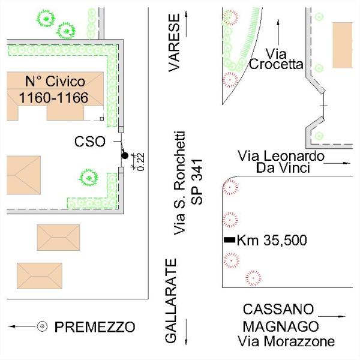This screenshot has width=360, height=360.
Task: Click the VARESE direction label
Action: click(175, 52)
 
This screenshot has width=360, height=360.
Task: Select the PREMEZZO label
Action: click(95, 327)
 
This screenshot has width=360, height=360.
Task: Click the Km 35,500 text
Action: click(272, 241)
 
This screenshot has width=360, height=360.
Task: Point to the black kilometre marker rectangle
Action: click(229, 240)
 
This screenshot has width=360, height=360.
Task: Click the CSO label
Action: click(90, 142)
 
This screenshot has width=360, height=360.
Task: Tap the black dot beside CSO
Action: click(125, 156)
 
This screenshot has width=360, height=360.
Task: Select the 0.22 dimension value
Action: click(140, 161)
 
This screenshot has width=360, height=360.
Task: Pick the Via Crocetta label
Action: click(275, 59)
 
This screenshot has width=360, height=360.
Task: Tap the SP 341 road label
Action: click(198, 182)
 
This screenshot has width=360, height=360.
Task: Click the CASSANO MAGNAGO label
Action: click(279, 318)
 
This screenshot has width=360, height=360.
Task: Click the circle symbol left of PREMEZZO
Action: click(43, 326)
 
